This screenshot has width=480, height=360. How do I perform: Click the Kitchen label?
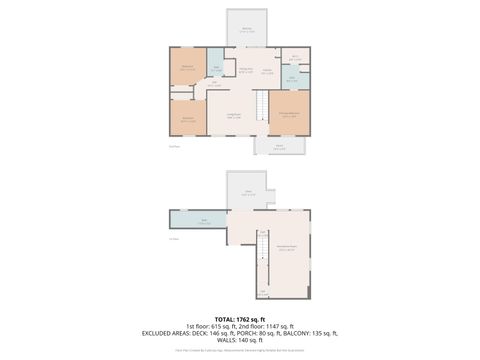tap(267, 71)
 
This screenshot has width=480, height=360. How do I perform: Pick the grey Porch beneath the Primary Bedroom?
tap(279, 147)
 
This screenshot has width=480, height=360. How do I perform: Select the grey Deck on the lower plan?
tap(249, 194)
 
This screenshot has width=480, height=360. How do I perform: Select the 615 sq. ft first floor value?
tap(214, 326)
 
